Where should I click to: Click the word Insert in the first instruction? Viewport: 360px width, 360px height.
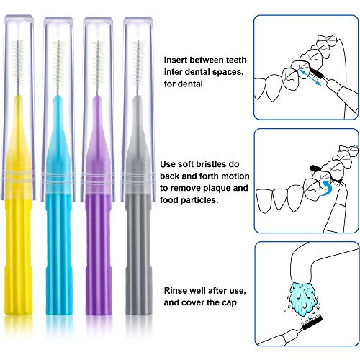pyautogui.click(x=178, y=60)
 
